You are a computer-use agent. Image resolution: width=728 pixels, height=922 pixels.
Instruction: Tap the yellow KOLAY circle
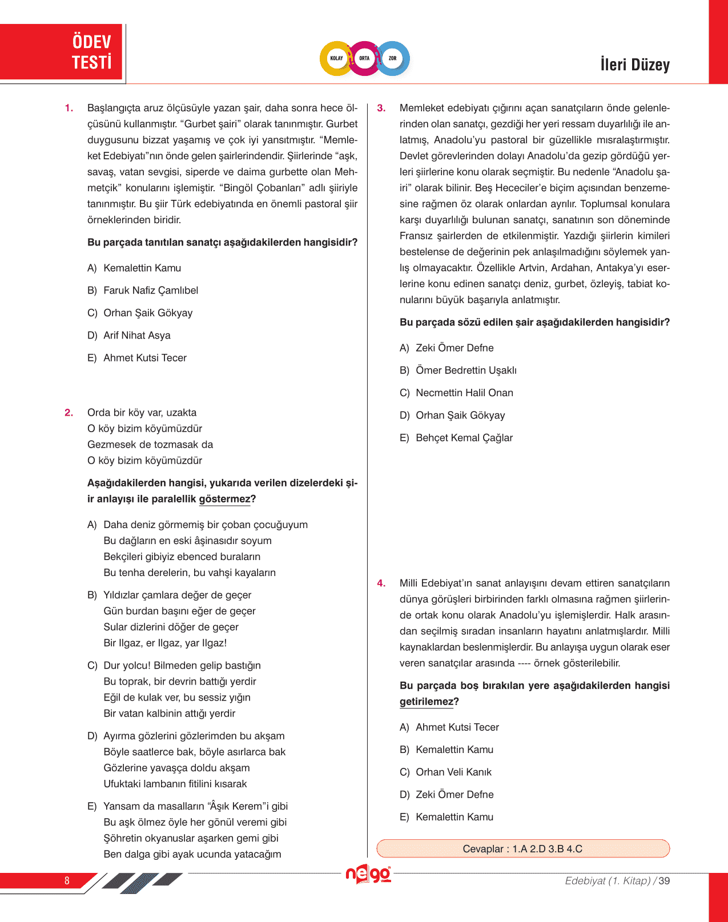click(337, 58)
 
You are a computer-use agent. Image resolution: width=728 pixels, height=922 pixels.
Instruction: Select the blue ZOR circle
click(393, 58)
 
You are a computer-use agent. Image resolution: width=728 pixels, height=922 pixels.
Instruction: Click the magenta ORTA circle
click(364, 58)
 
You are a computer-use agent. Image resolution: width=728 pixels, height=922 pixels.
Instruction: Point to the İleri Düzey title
click(634, 65)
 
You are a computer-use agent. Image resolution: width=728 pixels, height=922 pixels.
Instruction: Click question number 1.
click(69, 108)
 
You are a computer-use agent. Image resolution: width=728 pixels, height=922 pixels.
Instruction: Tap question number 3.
click(381, 108)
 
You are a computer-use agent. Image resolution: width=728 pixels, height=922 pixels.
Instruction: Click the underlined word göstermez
click(225, 499)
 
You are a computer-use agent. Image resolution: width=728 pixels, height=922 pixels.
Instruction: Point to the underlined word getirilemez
click(427, 702)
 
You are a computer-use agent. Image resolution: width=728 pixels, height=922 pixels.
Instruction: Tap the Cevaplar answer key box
click(522, 849)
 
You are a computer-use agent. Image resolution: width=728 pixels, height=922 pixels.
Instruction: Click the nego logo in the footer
click(368, 875)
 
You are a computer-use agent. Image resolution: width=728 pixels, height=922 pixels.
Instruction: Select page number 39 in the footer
click(664, 881)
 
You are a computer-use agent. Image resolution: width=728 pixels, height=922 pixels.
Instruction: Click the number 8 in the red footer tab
click(67, 881)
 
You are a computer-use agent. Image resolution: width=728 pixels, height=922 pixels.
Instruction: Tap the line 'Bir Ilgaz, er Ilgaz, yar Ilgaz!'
click(165, 643)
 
